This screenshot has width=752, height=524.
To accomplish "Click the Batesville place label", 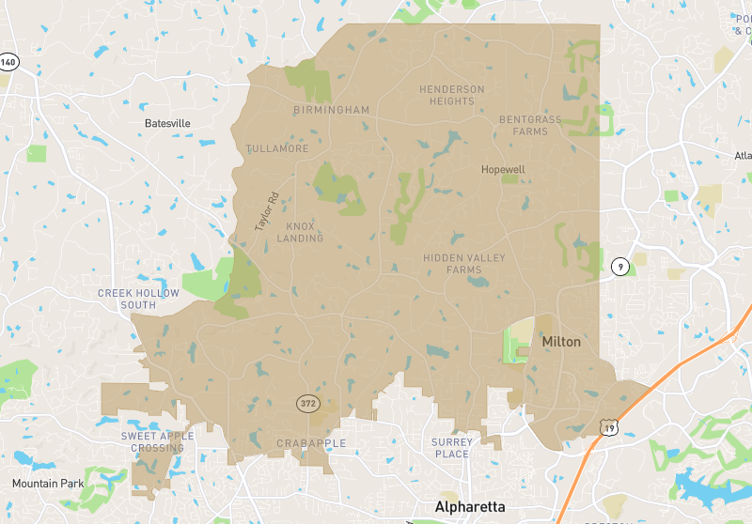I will (x=167, y=123).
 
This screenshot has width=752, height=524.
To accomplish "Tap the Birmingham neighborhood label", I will (x=331, y=110).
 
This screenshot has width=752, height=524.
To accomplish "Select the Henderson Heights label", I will (x=452, y=95).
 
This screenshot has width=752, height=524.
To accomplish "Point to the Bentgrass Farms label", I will (x=530, y=126).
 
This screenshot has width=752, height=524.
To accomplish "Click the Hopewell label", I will (x=503, y=170).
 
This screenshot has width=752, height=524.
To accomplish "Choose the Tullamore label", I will (x=277, y=148).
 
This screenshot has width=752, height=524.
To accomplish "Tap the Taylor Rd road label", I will (x=267, y=212).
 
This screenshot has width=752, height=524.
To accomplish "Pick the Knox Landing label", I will (x=300, y=232).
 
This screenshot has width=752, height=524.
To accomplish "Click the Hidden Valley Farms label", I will (x=464, y=263).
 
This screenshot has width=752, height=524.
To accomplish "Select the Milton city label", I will (x=561, y=342).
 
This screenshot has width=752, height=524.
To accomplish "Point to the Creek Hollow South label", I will (x=138, y=299).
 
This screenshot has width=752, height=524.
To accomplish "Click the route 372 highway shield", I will (x=308, y=404).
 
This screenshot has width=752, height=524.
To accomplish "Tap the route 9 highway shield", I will (x=619, y=267).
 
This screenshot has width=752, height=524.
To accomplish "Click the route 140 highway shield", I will (x=8, y=62).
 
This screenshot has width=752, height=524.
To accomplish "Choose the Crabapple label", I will (x=311, y=443).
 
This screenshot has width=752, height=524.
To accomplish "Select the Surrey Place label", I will (x=451, y=448).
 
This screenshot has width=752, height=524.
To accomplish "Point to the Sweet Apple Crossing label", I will (x=158, y=441).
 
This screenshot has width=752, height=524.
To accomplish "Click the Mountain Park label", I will (x=48, y=484).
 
